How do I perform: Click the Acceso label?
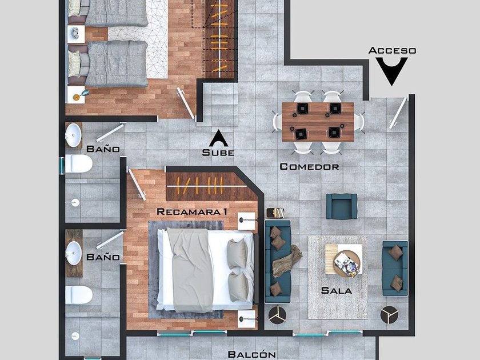(x=392, y=50)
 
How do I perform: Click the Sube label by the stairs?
(x=218, y=153)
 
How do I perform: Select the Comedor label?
(x=310, y=166)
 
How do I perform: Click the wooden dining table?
(x=318, y=122)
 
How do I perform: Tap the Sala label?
(x=337, y=290)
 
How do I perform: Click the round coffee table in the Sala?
(x=347, y=264)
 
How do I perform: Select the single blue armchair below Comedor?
(x=342, y=206)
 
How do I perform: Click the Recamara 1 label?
(x=192, y=211)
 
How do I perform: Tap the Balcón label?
(x=251, y=354)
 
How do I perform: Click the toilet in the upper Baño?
(x=79, y=164)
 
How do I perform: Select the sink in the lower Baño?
(x=74, y=253)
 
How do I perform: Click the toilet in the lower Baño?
(x=79, y=295)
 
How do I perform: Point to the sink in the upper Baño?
(x=74, y=135)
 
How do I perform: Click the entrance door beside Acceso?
(x=399, y=113)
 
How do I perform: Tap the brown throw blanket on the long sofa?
(x=286, y=261)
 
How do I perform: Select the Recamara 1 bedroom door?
(x=137, y=185)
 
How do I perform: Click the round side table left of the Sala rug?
(x=277, y=315)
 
